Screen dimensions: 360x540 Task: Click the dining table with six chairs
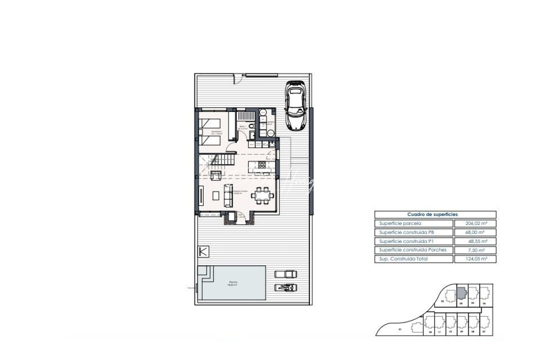point(263,195)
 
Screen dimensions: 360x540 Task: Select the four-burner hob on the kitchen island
point(262,164)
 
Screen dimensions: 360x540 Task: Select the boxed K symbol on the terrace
point(203,251)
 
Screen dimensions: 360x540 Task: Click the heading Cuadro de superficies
point(432,215)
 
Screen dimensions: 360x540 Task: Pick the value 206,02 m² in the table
point(475,224)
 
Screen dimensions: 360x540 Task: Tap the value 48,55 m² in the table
point(475,241)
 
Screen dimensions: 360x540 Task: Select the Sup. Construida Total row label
point(403,259)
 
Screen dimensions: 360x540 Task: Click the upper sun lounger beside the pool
point(285,274)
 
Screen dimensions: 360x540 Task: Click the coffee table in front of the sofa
point(216,195)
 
